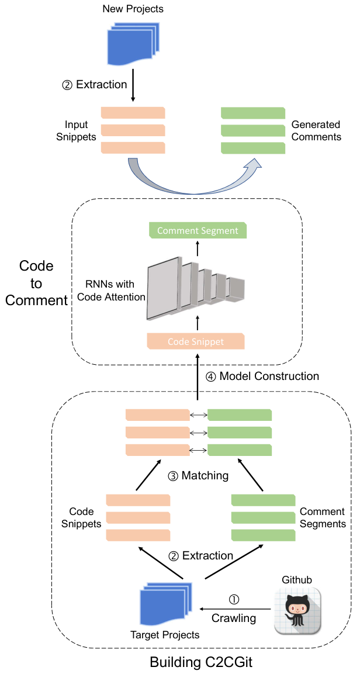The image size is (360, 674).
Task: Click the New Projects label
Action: [133, 9]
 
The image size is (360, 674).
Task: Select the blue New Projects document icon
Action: [132, 44]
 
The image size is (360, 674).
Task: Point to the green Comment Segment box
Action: [197, 230]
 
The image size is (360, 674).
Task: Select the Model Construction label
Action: [262, 376]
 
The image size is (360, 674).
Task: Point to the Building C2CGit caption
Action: [199, 662]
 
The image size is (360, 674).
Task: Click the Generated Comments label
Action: [316, 131]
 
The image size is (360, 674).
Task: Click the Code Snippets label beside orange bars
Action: [85, 518]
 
